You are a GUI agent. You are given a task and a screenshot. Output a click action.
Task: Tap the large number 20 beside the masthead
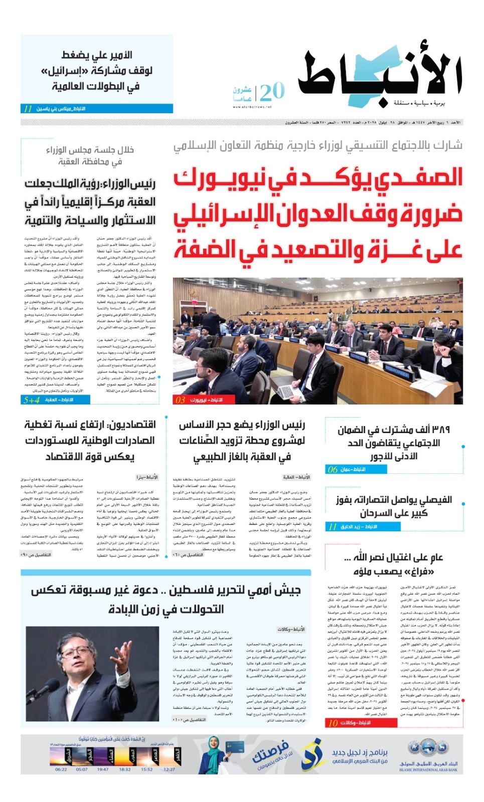272,92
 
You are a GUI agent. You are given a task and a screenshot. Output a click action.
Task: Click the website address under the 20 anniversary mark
252,107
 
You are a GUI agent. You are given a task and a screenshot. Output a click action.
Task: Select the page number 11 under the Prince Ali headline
28,109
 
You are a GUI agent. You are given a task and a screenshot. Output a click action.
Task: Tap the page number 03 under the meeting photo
181,399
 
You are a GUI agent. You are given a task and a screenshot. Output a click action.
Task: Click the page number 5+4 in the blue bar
31,399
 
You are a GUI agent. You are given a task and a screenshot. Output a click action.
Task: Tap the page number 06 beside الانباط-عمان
333,470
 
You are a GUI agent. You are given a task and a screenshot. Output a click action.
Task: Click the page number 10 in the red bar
333,723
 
